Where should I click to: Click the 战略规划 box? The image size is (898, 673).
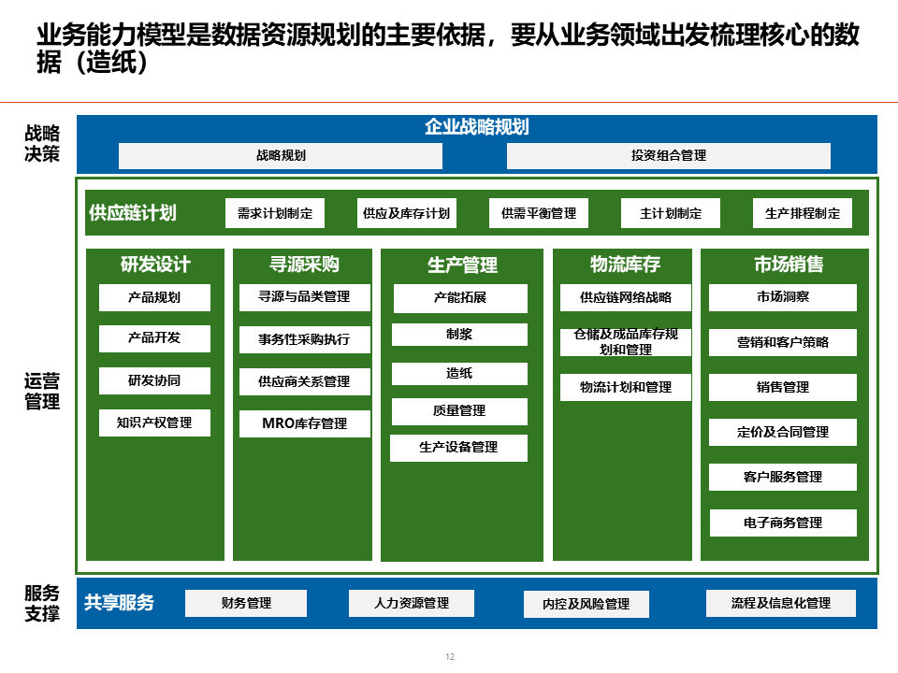click(x=281, y=156)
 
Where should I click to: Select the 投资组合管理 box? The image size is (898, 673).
click(x=668, y=156)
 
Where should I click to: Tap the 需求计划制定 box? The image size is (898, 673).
click(x=275, y=213)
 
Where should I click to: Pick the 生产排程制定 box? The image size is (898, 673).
click(x=803, y=213)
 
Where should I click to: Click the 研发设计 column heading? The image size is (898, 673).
click(x=155, y=265)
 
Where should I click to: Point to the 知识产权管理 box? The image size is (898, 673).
click(x=154, y=422)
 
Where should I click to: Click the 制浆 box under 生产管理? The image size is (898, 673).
click(x=459, y=334)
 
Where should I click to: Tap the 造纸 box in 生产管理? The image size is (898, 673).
click(x=459, y=373)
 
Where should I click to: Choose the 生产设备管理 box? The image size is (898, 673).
click(x=458, y=447)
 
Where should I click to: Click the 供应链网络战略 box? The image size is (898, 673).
click(x=626, y=298)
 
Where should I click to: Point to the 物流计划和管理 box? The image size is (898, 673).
click(x=626, y=387)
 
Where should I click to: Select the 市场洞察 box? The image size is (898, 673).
click(x=783, y=297)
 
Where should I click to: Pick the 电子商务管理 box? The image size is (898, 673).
click(x=783, y=523)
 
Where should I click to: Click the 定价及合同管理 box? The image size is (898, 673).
click(x=783, y=432)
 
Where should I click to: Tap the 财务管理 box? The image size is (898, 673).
click(x=246, y=603)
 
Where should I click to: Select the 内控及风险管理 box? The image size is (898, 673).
click(x=587, y=604)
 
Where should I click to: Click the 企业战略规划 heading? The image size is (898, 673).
click(x=477, y=127)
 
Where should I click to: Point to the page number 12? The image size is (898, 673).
click(x=450, y=657)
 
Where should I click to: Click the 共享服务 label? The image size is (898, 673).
click(x=120, y=603)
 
